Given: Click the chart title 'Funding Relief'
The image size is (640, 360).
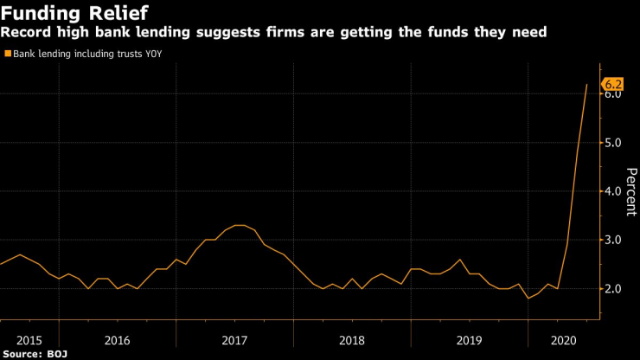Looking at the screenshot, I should (x=74, y=13).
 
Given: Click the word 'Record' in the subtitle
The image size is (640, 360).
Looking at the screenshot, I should (x=25, y=33).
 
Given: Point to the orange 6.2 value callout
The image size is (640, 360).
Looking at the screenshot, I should (x=613, y=85).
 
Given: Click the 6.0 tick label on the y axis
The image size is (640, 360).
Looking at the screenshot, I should (x=613, y=94).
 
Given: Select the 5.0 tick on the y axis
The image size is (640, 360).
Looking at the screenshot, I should (x=613, y=143).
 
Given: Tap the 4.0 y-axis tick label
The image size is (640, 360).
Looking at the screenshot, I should (x=613, y=191).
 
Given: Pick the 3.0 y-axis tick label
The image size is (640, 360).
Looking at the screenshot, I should (x=613, y=240).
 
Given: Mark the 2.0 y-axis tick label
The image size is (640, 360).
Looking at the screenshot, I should (x=613, y=288).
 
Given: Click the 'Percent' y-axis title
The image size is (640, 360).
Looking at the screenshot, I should (x=630, y=191).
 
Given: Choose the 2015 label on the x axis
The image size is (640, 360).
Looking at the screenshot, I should (x=29, y=341).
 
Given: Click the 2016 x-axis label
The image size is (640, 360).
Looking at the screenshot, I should (x=117, y=341).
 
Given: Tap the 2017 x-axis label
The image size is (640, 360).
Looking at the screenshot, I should (x=234, y=341).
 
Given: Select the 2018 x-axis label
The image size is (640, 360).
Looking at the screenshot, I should (x=351, y=341).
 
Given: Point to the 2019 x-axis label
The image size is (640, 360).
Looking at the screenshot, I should (x=469, y=341).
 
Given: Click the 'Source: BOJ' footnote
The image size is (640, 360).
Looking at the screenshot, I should (x=35, y=354).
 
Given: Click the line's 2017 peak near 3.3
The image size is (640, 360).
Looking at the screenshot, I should (x=240, y=225).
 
